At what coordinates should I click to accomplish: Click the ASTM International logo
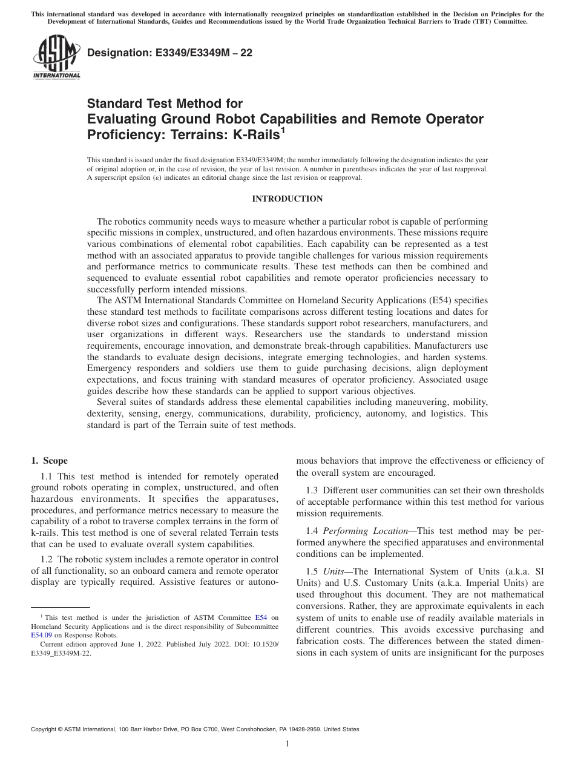[56, 58]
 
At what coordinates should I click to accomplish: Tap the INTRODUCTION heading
[287, 199]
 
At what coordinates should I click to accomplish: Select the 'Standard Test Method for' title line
[165, 104]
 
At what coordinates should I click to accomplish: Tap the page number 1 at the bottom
[287, 744]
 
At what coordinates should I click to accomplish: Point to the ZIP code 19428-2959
[303, 729]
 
